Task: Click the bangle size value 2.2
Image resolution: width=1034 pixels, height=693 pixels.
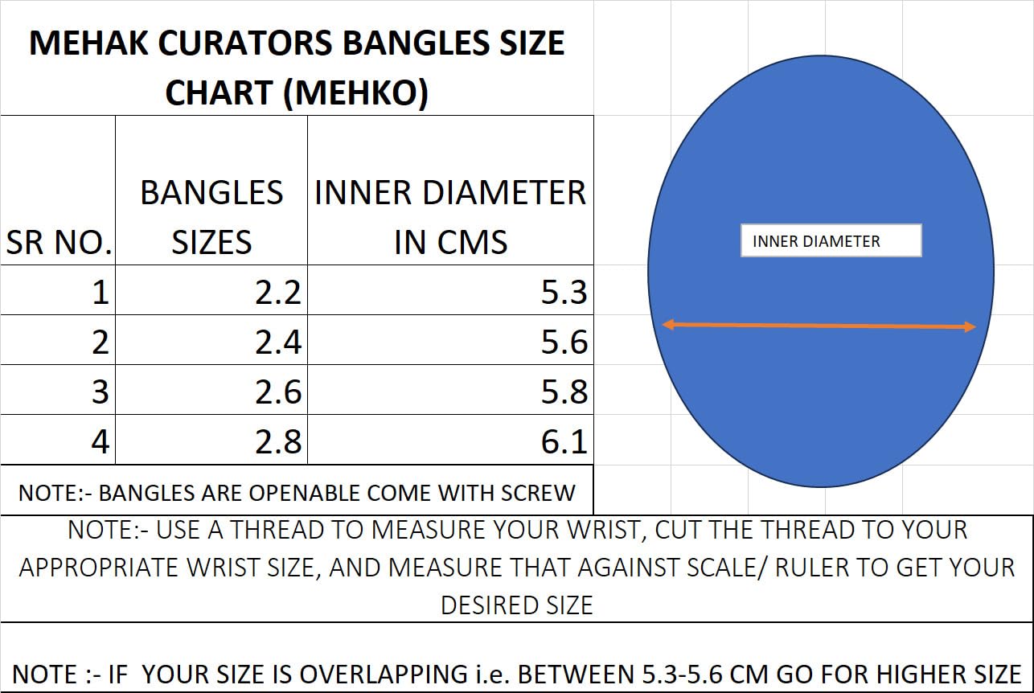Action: [278, 293]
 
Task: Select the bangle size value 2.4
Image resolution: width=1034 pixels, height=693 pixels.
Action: [278, 342]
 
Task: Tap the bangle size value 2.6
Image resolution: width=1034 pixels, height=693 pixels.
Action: [278, 392]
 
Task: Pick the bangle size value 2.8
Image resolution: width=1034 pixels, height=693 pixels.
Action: [278, 442]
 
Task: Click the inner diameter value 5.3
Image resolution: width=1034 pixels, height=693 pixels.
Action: [564, 293]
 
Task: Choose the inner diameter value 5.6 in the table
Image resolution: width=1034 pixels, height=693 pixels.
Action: [564, 342]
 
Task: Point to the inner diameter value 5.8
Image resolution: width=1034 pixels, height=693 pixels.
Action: [564, 392]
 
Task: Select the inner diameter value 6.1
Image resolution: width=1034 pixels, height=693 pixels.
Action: [564, 442]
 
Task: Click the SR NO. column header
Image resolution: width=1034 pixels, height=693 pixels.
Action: [59, 242]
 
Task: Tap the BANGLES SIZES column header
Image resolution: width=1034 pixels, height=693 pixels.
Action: [211, 217]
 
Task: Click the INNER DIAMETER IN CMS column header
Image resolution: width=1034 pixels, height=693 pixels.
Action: [450, 217]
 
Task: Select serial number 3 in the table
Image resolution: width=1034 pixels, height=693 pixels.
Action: [101, 392]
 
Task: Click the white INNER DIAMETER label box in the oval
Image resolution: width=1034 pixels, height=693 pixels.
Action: [831, 240]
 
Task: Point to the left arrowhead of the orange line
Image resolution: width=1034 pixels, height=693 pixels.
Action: [668, 325]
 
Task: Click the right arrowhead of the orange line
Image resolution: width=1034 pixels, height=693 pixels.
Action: [970, 327]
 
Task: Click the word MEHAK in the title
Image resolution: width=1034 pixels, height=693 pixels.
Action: [88, 43]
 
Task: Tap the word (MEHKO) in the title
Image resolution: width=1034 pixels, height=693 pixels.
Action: [356, 92]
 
